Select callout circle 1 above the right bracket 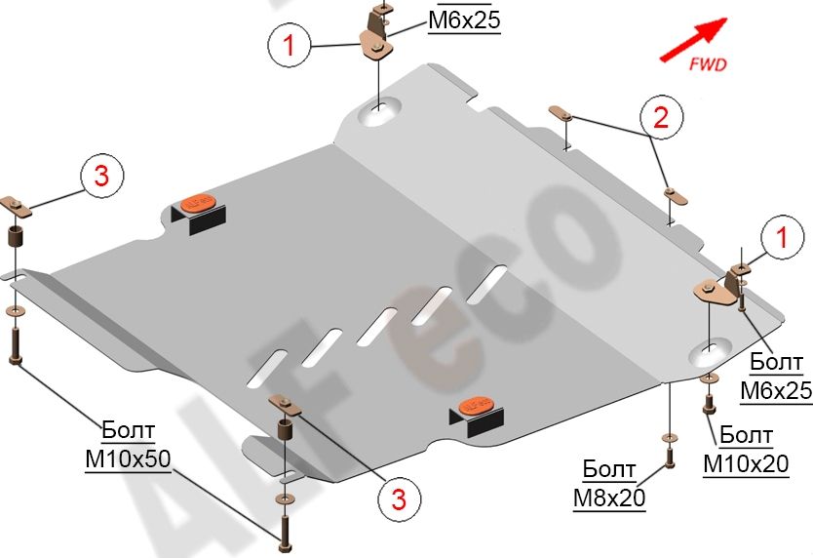click(x=782, y=236)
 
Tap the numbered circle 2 click(x=661, y=118)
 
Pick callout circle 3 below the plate click(x=398, y=500)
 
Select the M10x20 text click(x=746, y=464)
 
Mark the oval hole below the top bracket click(x=376, y=113)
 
